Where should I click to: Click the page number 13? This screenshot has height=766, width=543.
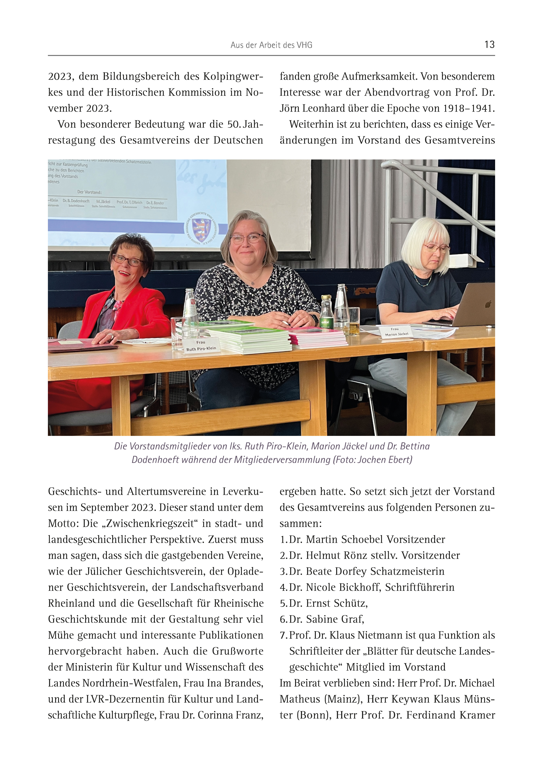(x=489, y=44)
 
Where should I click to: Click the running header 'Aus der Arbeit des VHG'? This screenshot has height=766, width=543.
(x=271, y=45)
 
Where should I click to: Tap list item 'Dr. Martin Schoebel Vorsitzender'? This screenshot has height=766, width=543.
(x=367, y=539)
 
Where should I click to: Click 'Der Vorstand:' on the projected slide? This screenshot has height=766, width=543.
(x=89, y=192)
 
